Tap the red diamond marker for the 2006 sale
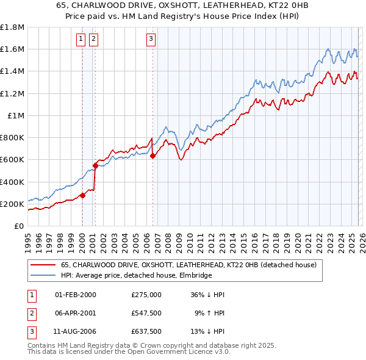[152, 156]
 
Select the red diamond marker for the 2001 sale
[95, 165]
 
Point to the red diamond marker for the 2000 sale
[82, 195]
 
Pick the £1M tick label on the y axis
[15, 115]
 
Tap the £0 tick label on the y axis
[19, 226]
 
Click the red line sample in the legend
[43, 265]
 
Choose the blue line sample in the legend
[43, 276]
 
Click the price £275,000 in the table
[146, 295]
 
